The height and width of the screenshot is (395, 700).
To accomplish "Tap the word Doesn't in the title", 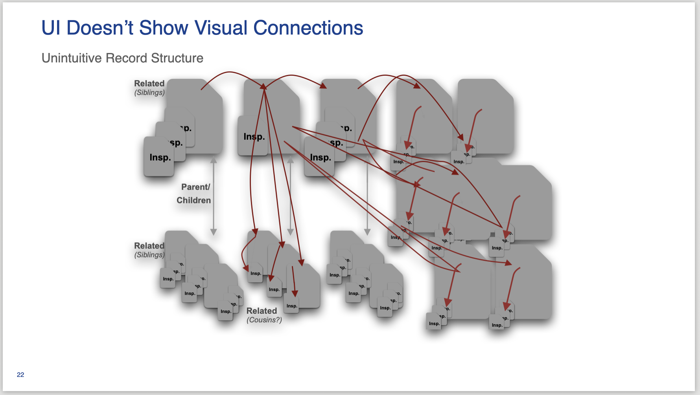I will pyautogui.click(x=100, y=28).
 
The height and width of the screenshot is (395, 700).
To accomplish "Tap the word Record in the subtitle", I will pyautogui.click(x=127, y=58).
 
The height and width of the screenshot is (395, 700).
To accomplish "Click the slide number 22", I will pyautogui.click(x=20, y=375).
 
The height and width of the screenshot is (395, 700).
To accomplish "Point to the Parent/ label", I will pyautogui.click(x=195, y=187).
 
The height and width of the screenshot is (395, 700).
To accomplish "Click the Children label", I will pyautogui.click(x=193, y=200).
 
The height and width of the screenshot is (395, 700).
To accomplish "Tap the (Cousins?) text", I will pyautogui.click(x=264, y=320).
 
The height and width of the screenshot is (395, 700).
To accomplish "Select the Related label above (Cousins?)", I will pyautogui.click(x=262, y=311).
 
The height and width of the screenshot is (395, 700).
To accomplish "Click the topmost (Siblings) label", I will pyautogui.click(x=149, y=93).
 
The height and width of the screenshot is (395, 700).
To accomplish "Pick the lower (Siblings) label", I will pyautogui.click(x=149, y=255).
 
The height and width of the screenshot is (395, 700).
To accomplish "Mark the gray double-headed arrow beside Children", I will pyautogui.click(x=214, y=196).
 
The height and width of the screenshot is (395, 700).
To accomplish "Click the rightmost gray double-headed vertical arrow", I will pyautogui.click(x=367, y=196).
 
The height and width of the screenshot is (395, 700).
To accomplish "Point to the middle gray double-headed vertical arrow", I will pyautogui.click(x=290, y=196).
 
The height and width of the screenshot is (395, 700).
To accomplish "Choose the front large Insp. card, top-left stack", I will pyautogui.click(x=159, y=157).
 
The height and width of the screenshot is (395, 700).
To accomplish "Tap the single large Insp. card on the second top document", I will pyautogui.click(x=252, y=136).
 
